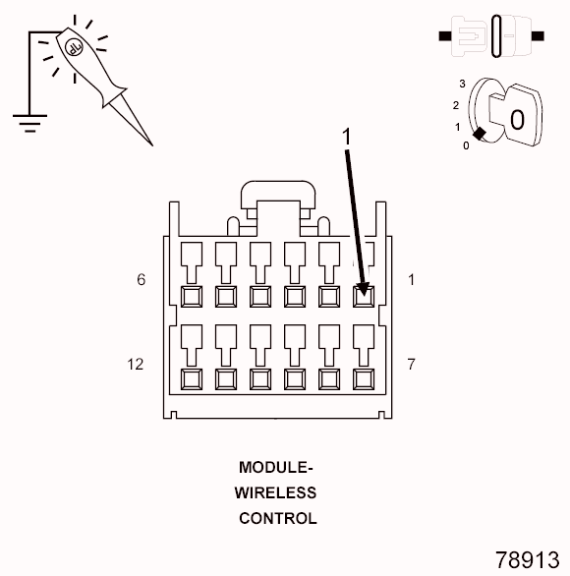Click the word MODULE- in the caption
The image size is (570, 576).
click(276, 467)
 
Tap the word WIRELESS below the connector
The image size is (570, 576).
click(275, 492)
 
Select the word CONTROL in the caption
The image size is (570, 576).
click(278, 518)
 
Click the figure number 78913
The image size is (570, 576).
click(528, 560)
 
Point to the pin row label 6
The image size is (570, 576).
click(142, 279)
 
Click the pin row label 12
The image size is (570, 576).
click(135, 365)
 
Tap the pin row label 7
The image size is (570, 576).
click(411, 365)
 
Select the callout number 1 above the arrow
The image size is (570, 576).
click(346, 137)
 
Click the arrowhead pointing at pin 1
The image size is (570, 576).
click(364, 289)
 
